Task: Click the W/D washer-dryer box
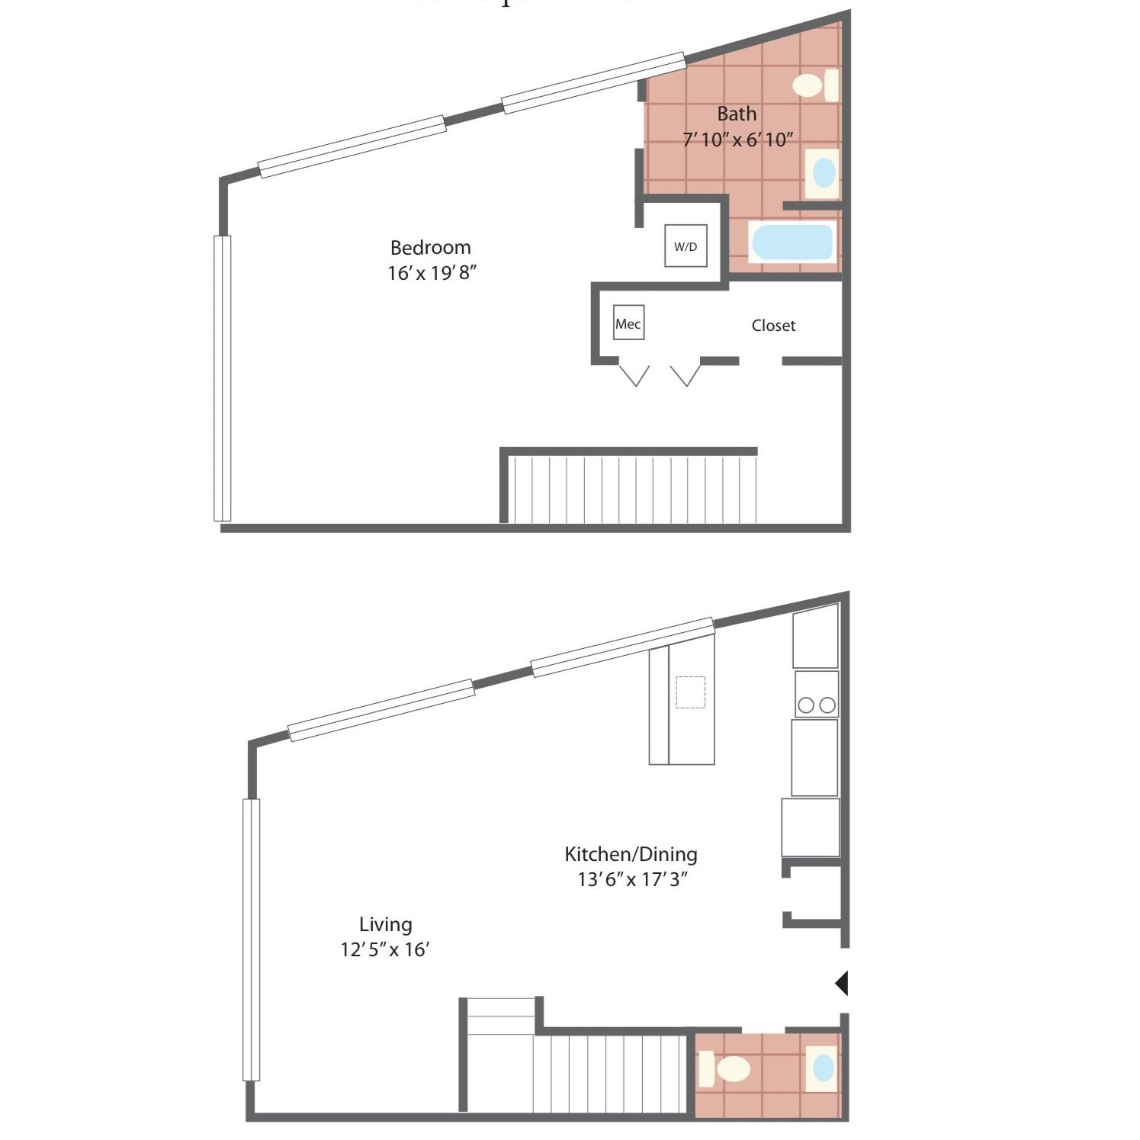click(x=686, y=246)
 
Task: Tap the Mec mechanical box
click(x=628, y=323)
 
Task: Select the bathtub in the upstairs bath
click(x=792, y=242)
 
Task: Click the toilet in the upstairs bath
click(x=814, y=85)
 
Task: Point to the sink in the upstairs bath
click(x=824, y=172)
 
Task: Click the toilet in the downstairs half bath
click(x=725, y=1068)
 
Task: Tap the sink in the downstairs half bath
click(x=823, y=1067)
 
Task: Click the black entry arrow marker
click(x=842, y=983)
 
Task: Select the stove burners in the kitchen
click(x=816, y=705)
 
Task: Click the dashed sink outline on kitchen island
click(x=690, y=692)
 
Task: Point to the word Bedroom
click(x=430, y=247)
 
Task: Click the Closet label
click(x=773, y=326)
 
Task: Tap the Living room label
click(x=385, y=924)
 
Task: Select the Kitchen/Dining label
click(x=631, y=853)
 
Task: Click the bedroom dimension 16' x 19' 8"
click(x=432, y=273)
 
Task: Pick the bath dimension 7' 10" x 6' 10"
click(x=737, y=140)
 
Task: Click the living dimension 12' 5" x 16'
click(x=385, y=949)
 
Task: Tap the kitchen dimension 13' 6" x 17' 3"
click(x=632, y=879)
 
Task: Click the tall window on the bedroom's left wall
click(x=222, y=377)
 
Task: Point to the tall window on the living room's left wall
click(x=251, y=939)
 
